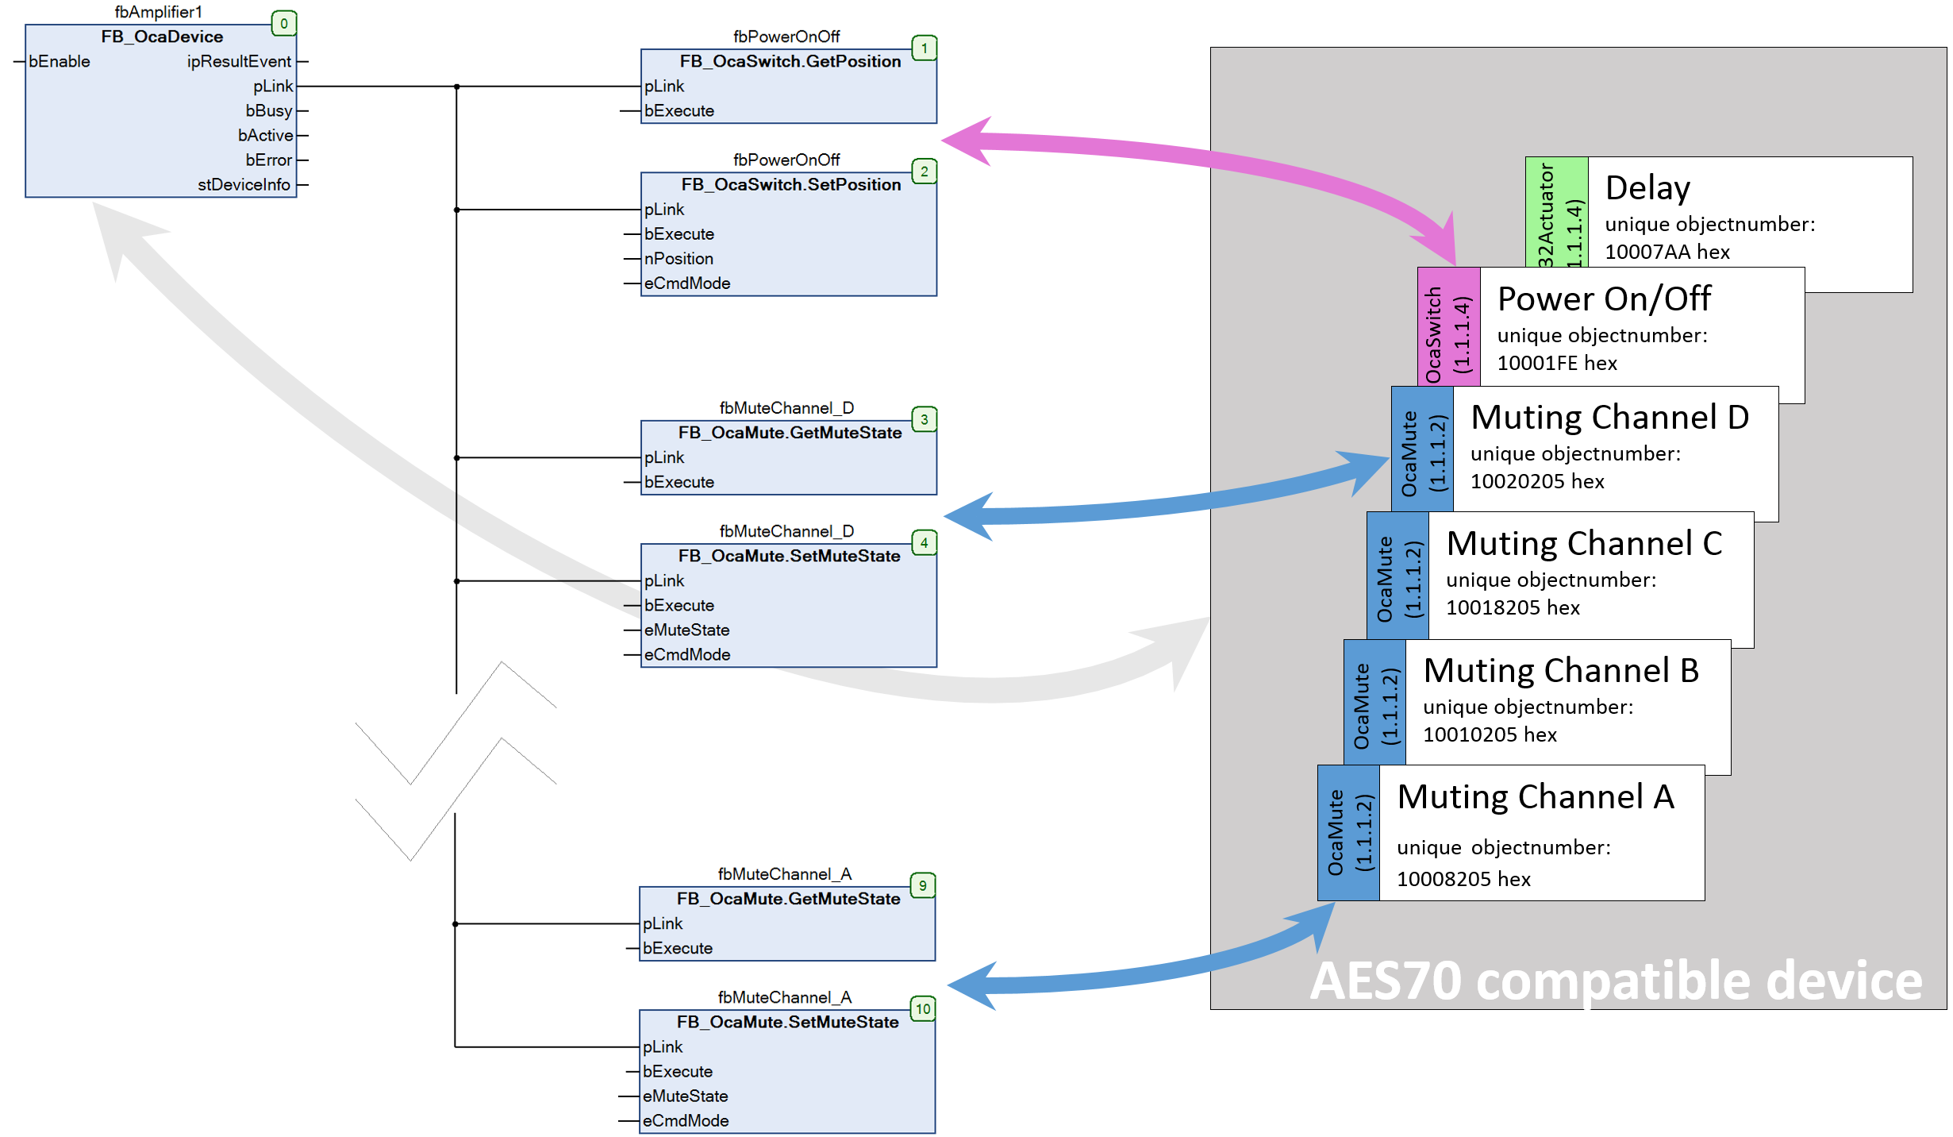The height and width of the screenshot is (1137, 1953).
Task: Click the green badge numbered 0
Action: pyautogui.click(x=283, y=24)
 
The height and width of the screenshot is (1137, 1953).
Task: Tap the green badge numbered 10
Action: pyautogui.click(x=922, y=1009)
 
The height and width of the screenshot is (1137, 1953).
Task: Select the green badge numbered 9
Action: pyautogui.click(x=922, y=885)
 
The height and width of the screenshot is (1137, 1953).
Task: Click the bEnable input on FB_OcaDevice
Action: pyautogui.click(x=59, y=62)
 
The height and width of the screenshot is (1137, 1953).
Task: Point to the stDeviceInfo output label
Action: pyautogui.click(x=244, y=185)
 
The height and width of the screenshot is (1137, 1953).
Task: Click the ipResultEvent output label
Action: pyautogui.click(x=239, y=62)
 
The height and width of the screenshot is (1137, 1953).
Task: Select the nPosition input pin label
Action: pyautogui.click(x=679, y=259)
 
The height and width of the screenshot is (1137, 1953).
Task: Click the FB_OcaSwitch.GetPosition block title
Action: pyautogui.click(x=790, y=62)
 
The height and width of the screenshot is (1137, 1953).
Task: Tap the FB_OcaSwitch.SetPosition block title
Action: pyautogui.click(x=790, y=185)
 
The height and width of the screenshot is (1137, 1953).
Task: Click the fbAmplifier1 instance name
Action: pyautogui.click(x=159, y=12)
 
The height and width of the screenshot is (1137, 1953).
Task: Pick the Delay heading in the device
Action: pyautogui.click(x=1647, y=188)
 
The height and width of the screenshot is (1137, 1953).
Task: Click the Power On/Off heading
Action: pyautogui.click(x=1603, y=299)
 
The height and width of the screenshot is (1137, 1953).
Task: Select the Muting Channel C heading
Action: pyautogui.click(x=1583, y=544)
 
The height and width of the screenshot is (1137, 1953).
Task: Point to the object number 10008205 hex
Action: pyautogui.click(x=1463, y=879)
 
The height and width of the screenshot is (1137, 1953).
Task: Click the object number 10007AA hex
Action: pyautogui.click(x=1667, y=252)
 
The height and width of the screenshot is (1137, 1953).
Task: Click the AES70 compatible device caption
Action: pyautogui.click(x=1615, y=981)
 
